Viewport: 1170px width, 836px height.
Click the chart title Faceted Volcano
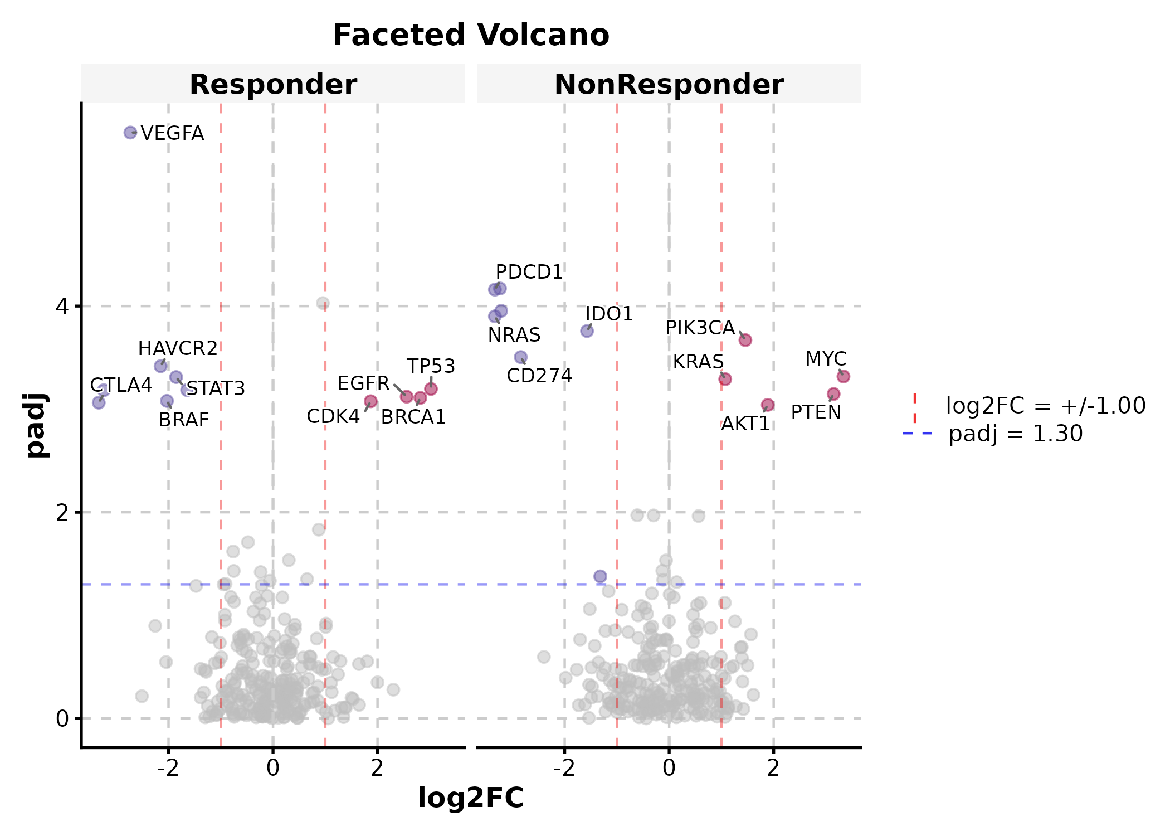click(471, 35)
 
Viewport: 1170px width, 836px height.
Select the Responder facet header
click(273, 84)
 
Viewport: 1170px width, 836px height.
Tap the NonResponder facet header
click(669, 84)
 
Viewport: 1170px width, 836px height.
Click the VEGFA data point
click(130, 133)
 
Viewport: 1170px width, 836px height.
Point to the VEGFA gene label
click(173, 133)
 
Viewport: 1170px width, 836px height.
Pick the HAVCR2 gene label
click(178, 348)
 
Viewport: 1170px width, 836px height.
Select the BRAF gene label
click(184, 420)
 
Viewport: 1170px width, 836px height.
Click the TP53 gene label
click(431, 366)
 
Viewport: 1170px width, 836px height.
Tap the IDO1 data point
click(587, 331)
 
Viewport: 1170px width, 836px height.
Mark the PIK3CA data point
click(745, 340)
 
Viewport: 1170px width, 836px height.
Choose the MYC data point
click(844, 377)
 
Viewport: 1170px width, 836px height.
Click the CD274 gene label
click(539, 376)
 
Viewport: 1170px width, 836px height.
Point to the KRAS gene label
click(698, 362)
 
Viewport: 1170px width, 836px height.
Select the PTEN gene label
click(816, 412)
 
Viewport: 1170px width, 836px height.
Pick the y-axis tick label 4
click(62, 306)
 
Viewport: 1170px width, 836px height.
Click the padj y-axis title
click(37, 425)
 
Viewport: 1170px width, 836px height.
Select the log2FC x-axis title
click(471, 797)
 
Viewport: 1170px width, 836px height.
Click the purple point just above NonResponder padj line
click(600, 576)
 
